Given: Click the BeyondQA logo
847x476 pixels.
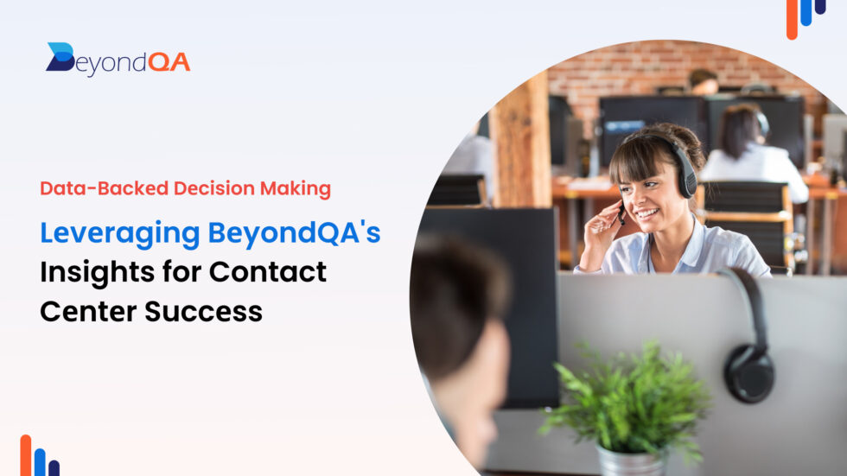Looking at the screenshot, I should click(x=118, y=60).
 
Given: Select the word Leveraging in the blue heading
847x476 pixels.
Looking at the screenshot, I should click(x=118, y=233).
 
